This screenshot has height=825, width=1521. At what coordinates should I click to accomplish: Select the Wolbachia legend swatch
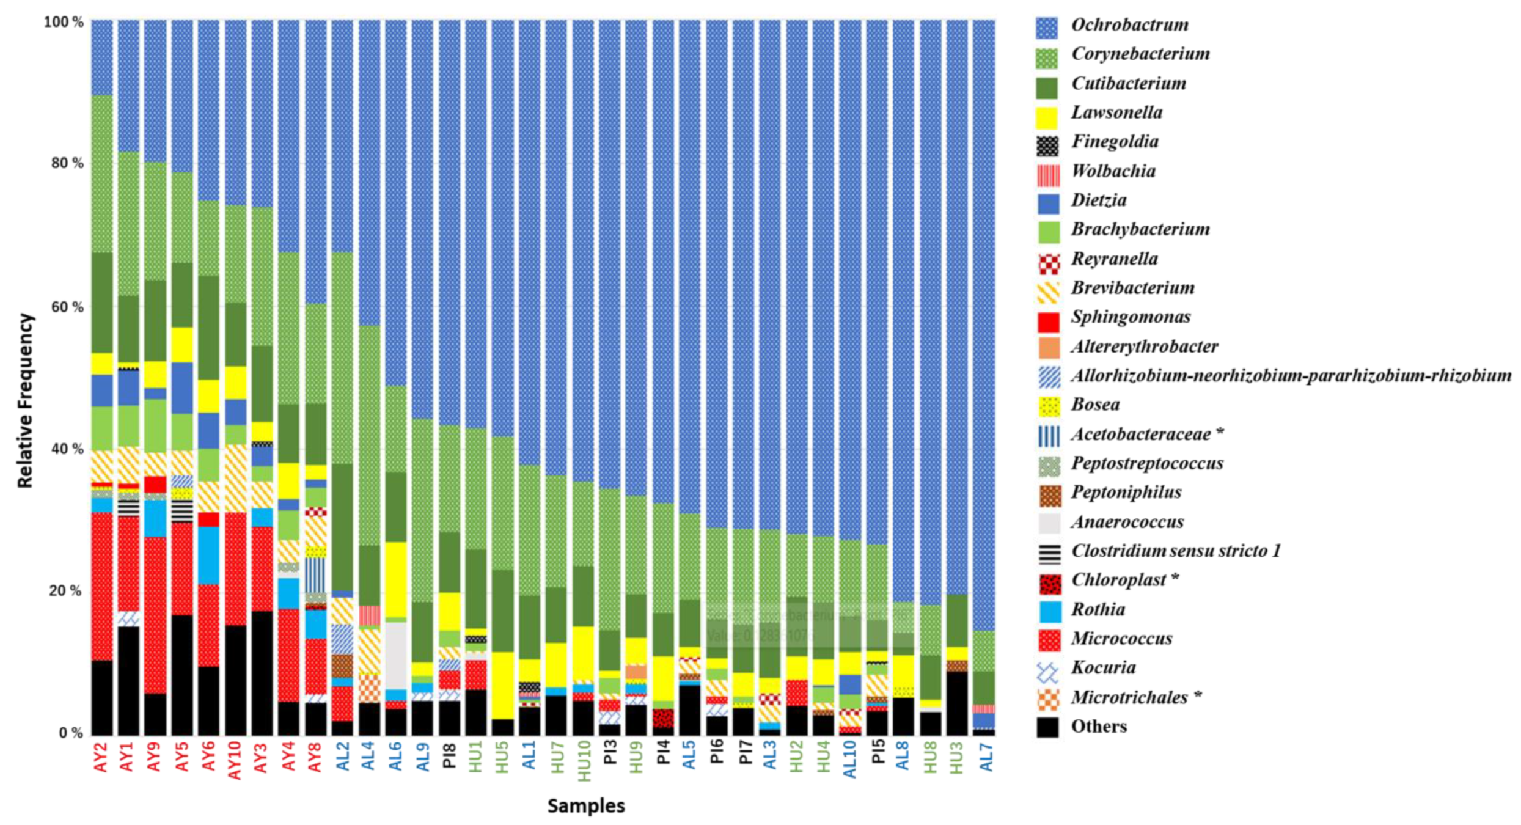1048,173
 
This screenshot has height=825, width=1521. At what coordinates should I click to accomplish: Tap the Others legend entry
1098,727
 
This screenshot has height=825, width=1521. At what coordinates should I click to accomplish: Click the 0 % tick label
70,733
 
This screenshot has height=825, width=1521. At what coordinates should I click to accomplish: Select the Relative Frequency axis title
25,400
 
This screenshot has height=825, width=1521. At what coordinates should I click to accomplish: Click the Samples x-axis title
585,805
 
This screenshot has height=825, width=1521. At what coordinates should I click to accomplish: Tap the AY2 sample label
101,758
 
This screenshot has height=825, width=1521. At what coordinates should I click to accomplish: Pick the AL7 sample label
984,758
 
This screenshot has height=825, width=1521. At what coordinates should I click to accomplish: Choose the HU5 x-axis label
502,758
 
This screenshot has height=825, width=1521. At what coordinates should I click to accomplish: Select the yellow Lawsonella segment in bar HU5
502,684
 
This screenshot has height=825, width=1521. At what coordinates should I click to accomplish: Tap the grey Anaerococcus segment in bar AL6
395,654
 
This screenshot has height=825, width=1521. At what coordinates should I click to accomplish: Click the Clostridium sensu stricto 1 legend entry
1175,551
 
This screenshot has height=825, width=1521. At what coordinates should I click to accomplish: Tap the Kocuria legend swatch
1048,672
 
